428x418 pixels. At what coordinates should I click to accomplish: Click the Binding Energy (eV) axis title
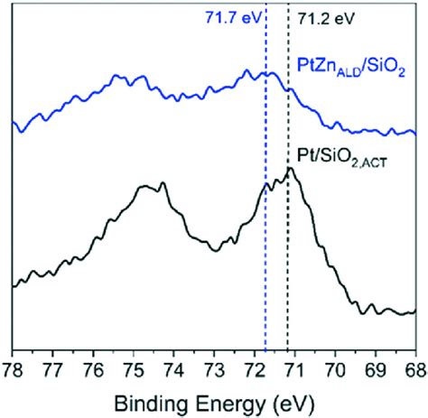pos(213,400)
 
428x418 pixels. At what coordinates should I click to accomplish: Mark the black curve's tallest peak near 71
pos(290,168)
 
